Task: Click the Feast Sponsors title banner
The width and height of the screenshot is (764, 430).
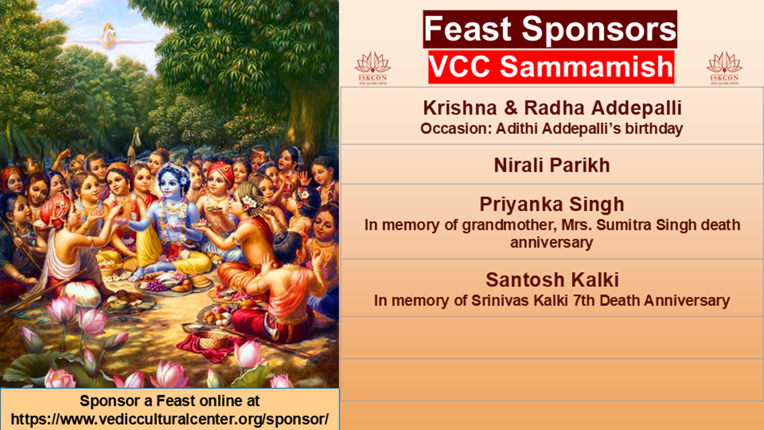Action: (550, 29)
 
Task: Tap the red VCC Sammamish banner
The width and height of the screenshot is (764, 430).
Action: (551, 67)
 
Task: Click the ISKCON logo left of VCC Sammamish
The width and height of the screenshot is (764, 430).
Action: (372, 68)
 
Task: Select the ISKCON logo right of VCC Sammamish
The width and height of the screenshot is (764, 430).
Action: (724, 68)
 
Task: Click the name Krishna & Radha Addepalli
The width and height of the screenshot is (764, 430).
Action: (552, 108)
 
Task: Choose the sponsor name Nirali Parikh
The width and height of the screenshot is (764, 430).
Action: (552, 165)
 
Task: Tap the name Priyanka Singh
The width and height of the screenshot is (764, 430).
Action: (552, 204)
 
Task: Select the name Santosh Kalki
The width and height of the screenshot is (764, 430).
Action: (552, 280)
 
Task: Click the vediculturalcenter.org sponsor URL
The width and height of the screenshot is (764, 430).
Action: (170, 419)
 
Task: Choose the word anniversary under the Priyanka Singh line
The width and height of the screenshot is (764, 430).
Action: (552, 243)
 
